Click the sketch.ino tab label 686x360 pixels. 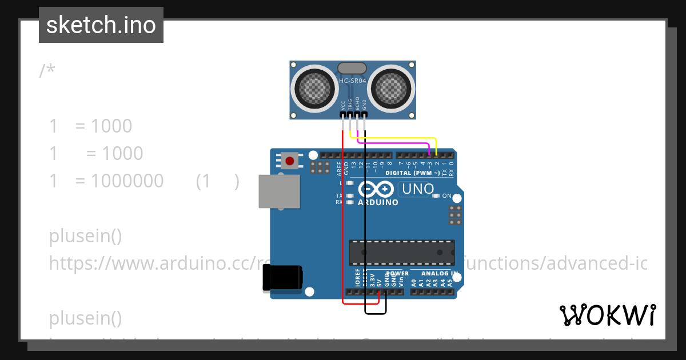tap(101, 25)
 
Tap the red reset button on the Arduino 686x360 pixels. tap(290, 161)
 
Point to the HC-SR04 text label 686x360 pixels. tap(352, 81)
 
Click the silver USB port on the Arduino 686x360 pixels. tap(279, 191)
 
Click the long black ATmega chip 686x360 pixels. tap(402, 252)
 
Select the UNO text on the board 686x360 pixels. tap(418, 189)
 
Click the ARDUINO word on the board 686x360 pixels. tap(378, 202)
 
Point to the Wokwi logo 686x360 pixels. tap(607, 315)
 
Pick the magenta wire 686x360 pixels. tap(394, 143)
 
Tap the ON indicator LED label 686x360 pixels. tap(446, 196)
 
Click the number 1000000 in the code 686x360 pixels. tap(127, 181)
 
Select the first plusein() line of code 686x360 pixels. tap(85, 235)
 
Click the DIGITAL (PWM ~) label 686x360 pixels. tap(412, 173)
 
